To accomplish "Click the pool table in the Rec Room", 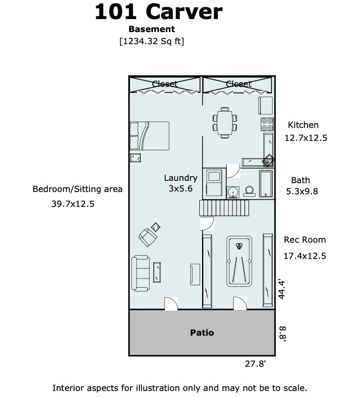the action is pyautogui.click(x=239, y=261).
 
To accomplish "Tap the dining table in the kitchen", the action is pyautogui.click(x=225, y=123).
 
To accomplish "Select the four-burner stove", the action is pyautogui.click(x=267, y=124).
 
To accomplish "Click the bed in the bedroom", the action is pyautogui.click(x=149, y=136).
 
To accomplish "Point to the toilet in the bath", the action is pyautogui.click(x=249, y=192).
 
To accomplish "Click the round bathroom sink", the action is pyautogui.click(x=233, y=192).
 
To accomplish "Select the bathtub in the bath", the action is pyautogui.click(x=266, y=184).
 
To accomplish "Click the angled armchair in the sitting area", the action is pyautogui.click(x=148, y=237).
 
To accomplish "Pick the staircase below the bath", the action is pyautogui.click(x=224, y=208).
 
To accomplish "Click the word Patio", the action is pyautogui.click(x=202, y=332).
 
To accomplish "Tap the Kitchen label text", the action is pyautogui.click(x=303, y=125).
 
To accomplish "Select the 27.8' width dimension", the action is pyautogui.click(x=255, y=364).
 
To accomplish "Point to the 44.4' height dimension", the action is pyautogui.click(x=281, y=290).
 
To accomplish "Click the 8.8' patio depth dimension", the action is pyautogui.click(x=282, y=334).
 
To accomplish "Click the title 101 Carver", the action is pyautogui.click(x=158, y=12).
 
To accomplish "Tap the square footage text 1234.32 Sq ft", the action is pyautogui.click(x=152, y=41).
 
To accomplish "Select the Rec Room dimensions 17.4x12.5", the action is pyautogui.click(x=305, y=256).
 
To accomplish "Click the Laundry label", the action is pyautogui.click(x=181, y=178).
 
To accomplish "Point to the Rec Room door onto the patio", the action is pyautogui.click(x=240, y=303).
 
